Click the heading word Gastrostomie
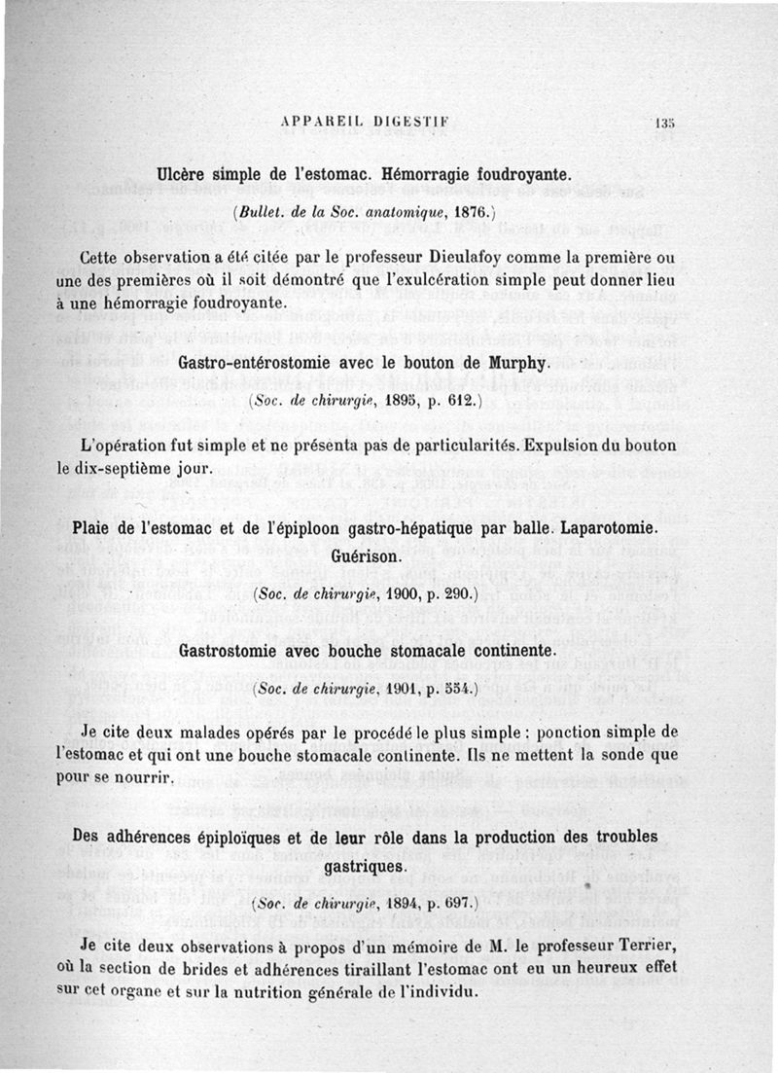point(230,649)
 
